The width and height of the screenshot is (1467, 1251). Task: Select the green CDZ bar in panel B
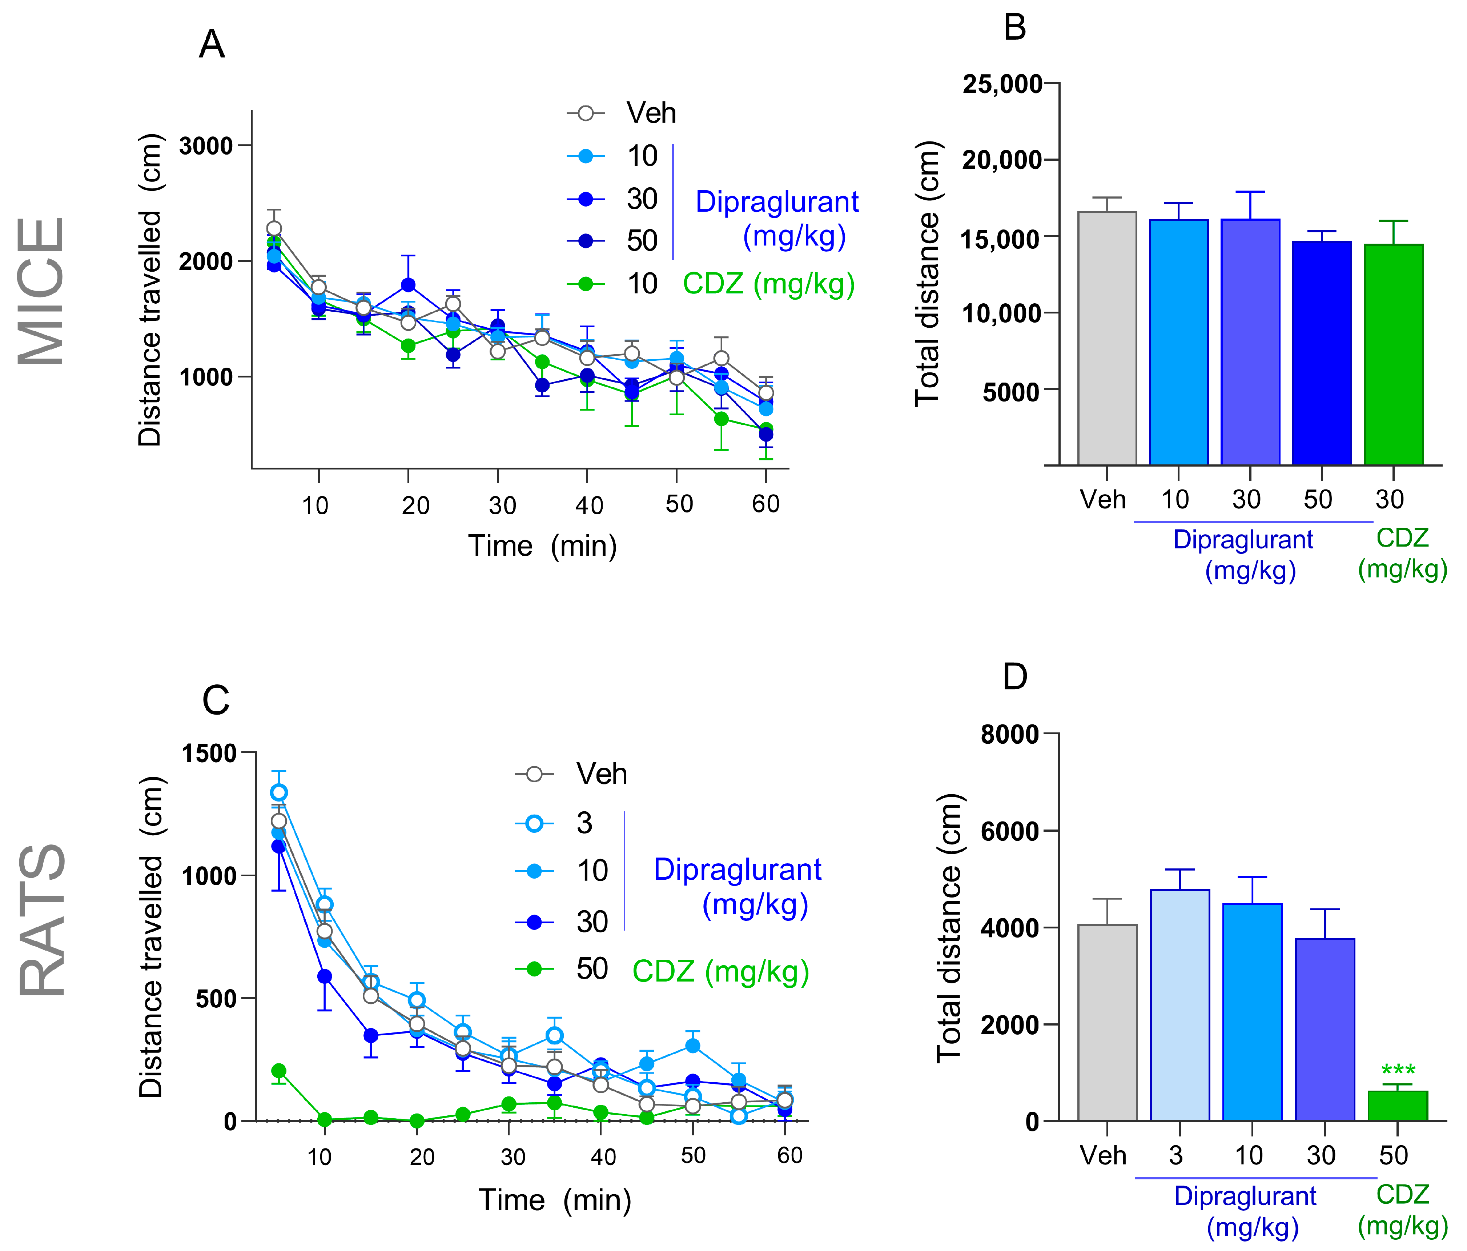click(x=1393, y=354)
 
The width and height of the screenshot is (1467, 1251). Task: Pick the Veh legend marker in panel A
click(x=586, y=113)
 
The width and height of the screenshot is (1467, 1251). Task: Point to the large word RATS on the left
click(x=41, y=919)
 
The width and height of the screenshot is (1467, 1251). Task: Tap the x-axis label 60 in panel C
click(x=789, y=1156)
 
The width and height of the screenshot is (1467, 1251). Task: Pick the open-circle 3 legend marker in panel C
click(x=534, y=823)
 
